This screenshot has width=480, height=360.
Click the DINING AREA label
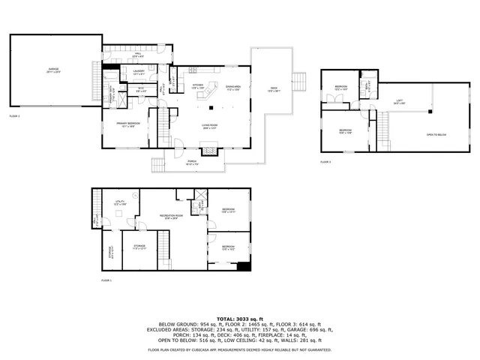[233, 86]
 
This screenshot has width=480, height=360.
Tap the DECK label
[273, 90]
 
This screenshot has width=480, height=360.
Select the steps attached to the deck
[300, 80]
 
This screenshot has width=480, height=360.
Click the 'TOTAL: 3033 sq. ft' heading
[239, 319]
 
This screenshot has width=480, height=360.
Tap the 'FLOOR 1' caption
[106, 280]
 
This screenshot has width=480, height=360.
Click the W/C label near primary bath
[140, 89]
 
